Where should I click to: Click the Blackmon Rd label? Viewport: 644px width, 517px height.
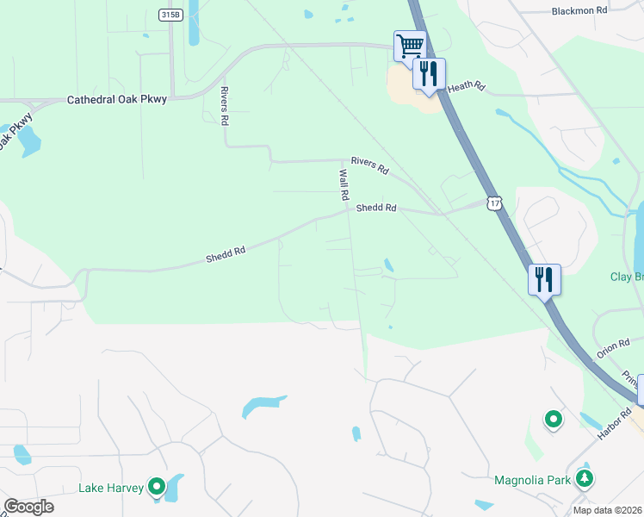579,10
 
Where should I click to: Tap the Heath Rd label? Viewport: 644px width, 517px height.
467,87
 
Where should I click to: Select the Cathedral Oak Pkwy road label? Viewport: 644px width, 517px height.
117,100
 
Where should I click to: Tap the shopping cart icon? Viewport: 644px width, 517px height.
410,45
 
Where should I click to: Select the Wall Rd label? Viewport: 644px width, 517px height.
344,184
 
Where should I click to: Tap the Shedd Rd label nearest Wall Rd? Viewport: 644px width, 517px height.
376,208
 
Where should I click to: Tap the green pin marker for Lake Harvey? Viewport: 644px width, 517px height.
156,488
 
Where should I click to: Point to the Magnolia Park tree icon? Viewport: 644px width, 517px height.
585,478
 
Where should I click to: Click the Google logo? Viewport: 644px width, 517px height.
28,507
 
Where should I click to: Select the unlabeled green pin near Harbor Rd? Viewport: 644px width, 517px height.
553,420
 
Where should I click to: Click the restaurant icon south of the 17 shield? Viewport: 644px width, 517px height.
544,279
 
